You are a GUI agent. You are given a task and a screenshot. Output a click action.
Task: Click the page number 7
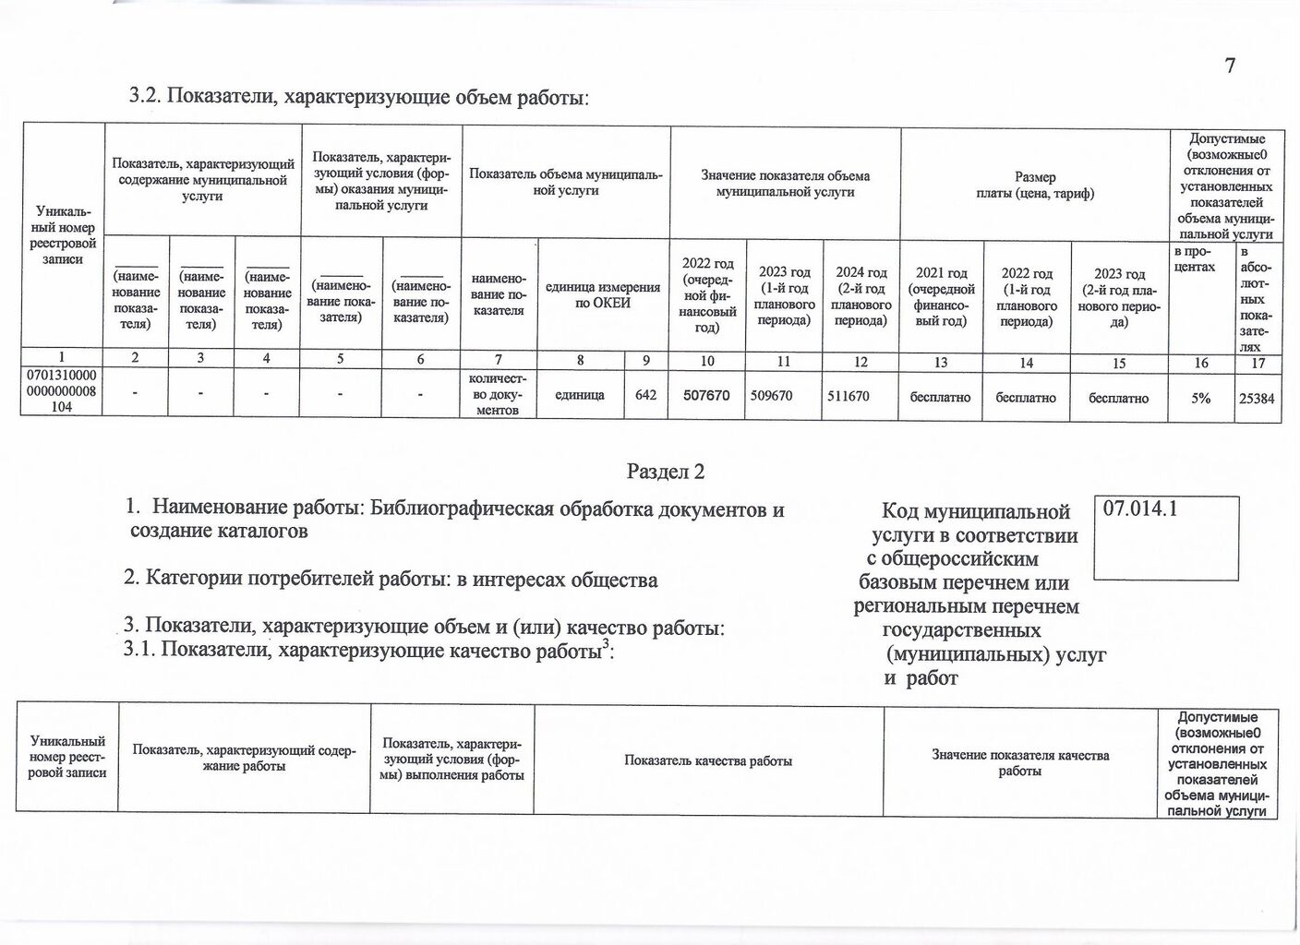(x=1230, y=66)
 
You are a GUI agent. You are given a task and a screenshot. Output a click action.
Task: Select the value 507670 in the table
(x=706, y=396)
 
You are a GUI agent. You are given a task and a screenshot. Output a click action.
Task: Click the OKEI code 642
(x=646, y=396)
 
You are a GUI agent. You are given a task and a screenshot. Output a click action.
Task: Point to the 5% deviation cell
(x=1200, y=397)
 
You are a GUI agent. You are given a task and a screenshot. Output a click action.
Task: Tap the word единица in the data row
(x=580, y=396)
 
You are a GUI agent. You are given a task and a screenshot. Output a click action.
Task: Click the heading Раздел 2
(x=666, y=472)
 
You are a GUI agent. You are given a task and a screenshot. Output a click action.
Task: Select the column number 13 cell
(x=941, y=363)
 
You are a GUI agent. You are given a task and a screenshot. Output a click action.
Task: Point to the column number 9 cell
(x=646, y=363)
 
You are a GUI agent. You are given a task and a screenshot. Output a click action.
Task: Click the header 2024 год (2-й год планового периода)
(x=861, y=296)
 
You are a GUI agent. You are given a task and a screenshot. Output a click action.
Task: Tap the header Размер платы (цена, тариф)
(x=1034, y=185)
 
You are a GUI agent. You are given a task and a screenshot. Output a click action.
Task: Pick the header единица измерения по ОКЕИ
(x=602, y=295)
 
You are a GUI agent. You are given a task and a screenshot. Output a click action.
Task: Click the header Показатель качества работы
(x=708, y=761)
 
